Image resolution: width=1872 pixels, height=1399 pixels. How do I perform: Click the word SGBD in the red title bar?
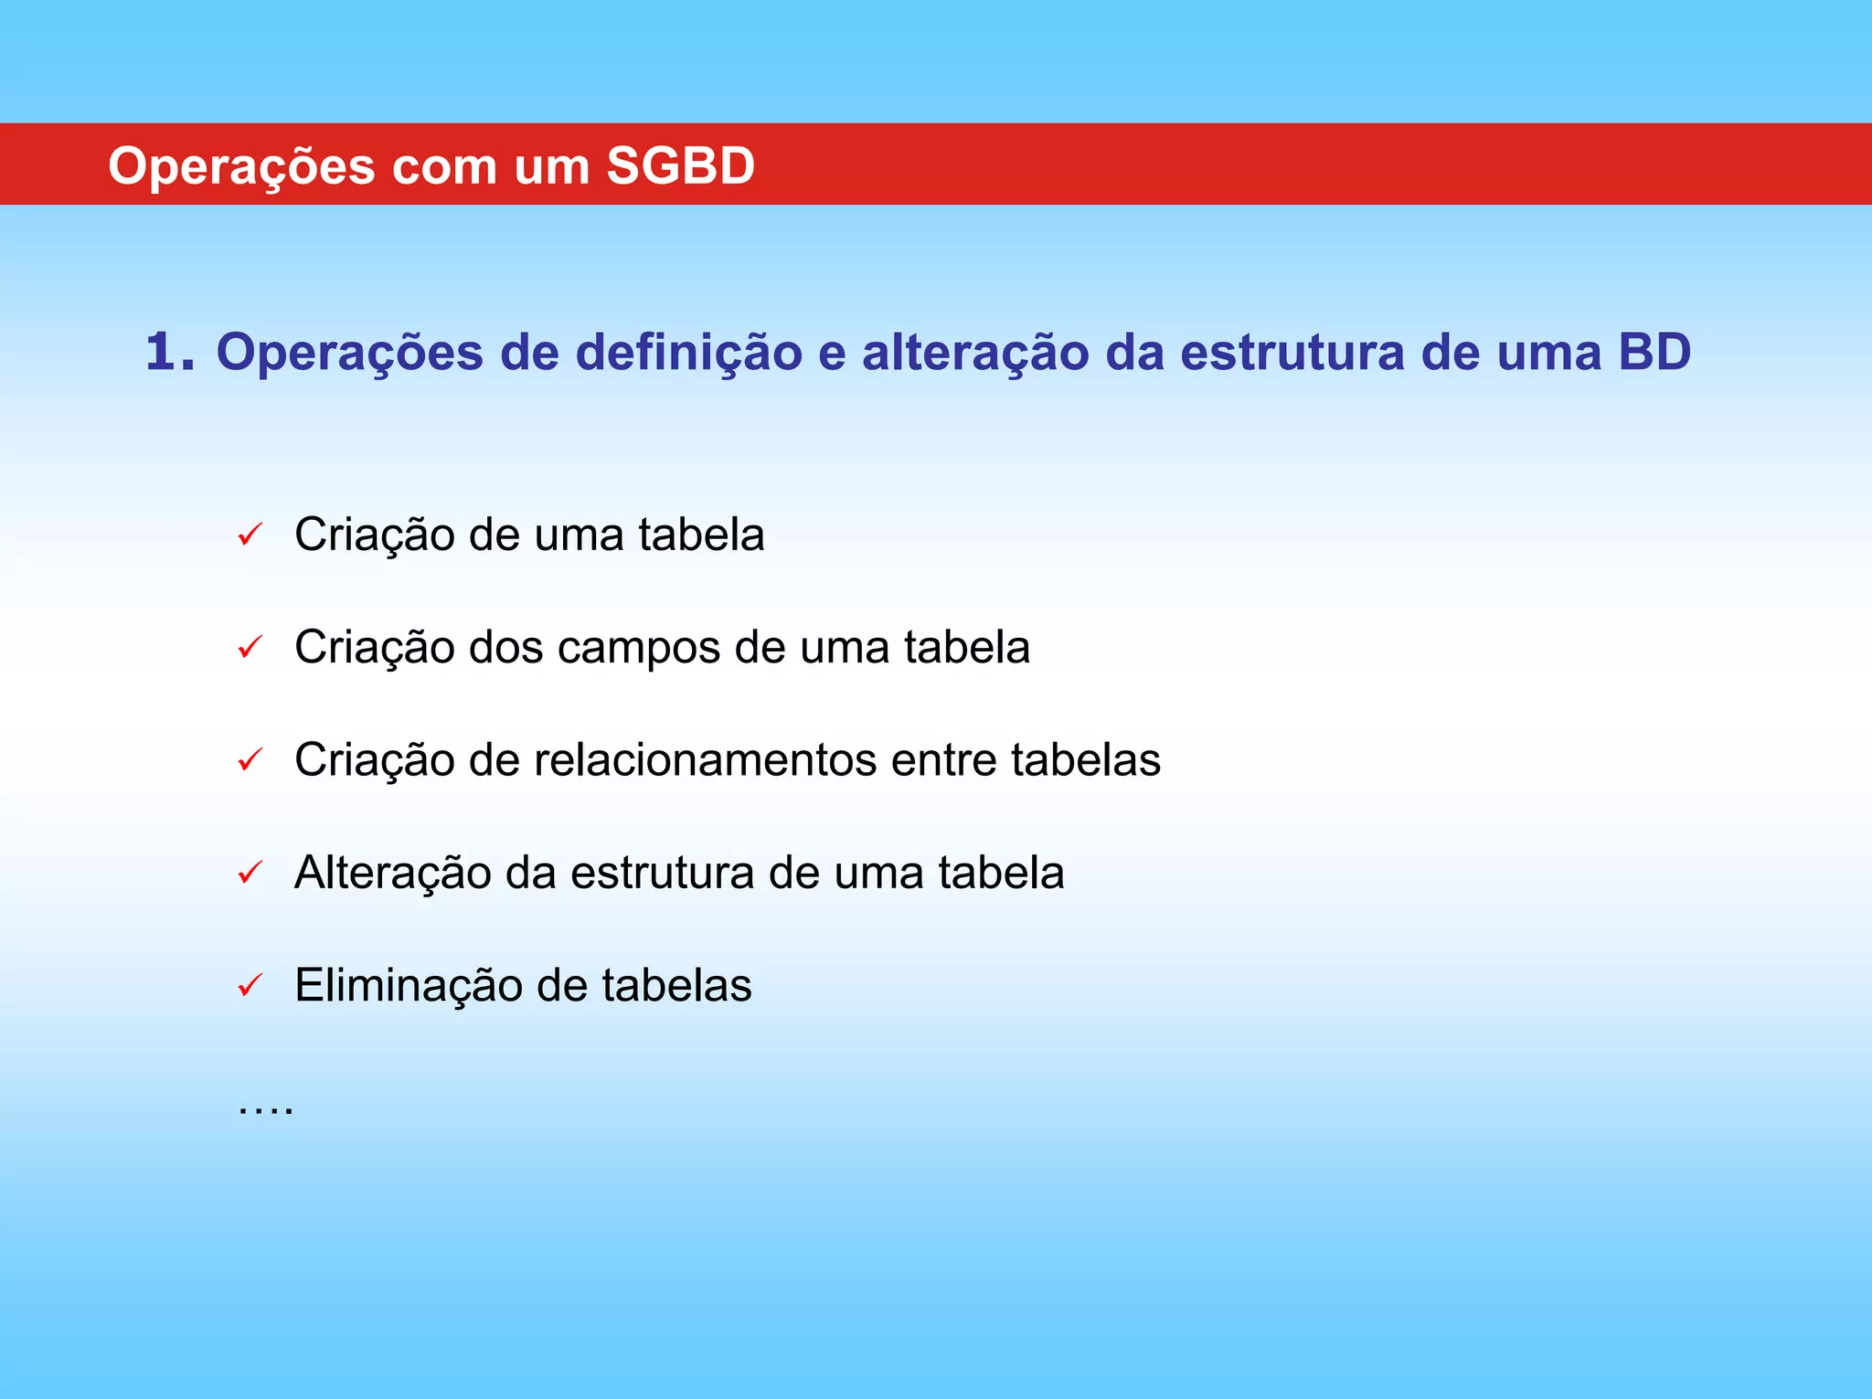pos(680,166)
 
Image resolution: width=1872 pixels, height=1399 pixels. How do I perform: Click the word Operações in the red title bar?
pos(241,166)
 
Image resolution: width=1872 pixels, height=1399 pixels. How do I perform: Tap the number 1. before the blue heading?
pos(170,352)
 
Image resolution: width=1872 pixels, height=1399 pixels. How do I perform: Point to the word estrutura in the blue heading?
pos(1292,352)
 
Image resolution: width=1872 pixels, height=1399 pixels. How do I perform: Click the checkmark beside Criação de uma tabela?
pos(250,535)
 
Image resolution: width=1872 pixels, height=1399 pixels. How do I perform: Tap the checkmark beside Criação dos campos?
pos(250,647)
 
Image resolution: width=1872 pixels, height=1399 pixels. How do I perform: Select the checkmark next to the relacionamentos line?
pos(250,759)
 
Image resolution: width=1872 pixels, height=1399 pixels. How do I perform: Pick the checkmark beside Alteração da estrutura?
pos(250,873)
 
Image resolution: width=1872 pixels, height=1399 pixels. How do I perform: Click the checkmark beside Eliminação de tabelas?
pos(250,985)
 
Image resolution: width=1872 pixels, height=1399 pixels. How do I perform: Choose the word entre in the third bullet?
pos(942,760)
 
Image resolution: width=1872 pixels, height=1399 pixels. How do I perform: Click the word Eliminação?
pos(408,985)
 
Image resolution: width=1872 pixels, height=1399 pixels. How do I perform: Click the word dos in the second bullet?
pos(505,647)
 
